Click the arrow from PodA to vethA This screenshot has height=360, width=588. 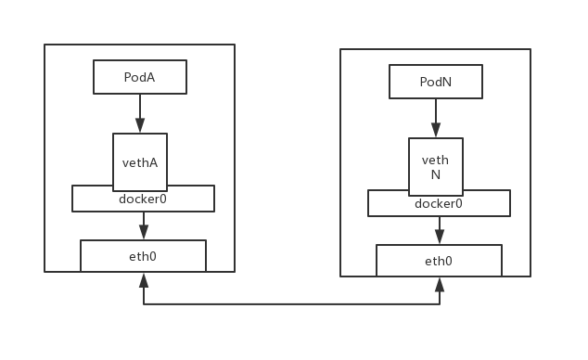click(140, 113)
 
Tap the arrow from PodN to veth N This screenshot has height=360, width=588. click(435, 118)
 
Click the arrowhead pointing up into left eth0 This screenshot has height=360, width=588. click(143, 279)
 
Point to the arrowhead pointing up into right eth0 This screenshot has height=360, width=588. click(439, 284)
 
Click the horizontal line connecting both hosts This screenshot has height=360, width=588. click(291, 304)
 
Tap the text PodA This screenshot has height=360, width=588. click(139, 77)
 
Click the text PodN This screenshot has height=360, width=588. click(435, 82)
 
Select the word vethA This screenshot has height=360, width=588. click(140, 162)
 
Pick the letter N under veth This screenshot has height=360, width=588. click(435, 174)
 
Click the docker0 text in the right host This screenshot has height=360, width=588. click(438, 203)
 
